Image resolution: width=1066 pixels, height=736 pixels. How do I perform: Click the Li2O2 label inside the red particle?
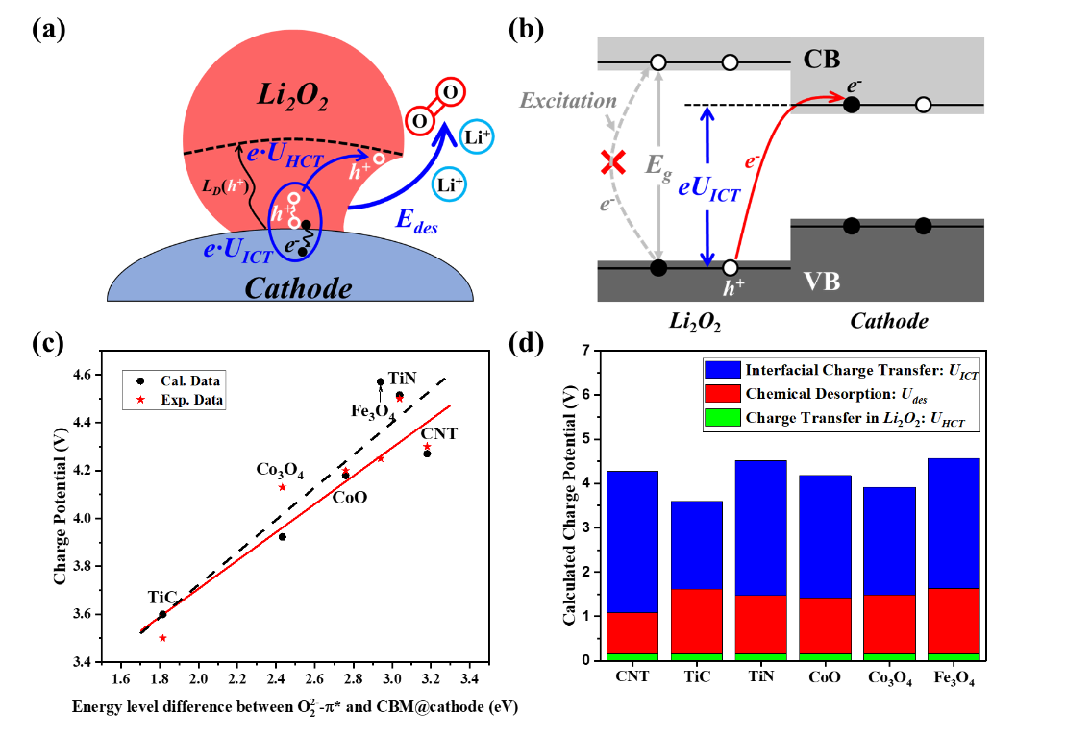pyautogui.click(x=293, y=95)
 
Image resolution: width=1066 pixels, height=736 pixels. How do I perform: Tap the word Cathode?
pyautogui.click(x=298, y=287)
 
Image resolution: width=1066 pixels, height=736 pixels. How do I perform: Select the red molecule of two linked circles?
pyautogui.click(x=437, y=106)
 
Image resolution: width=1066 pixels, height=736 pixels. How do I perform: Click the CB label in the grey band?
pyautogui.click(x=825, y=61)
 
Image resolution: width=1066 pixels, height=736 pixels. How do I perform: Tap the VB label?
pyautogui.click(x=822, y=282)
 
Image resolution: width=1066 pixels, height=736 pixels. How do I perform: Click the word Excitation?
pyautogui.click(x=568, y=100)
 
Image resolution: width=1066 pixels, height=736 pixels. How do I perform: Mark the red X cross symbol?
pyautogui.click(x=608, y=162)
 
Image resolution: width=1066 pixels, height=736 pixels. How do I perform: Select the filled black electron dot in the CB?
pyautogui.click(x=851, y=104)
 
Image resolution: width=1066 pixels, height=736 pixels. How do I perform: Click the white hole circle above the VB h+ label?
pyautogui.click(x=731, y=267)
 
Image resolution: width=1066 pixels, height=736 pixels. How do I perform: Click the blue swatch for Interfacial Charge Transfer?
pyautogui.click(x=722, y=370)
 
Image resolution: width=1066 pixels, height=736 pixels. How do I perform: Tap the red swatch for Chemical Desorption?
pyautogui.click(x=722, y=393)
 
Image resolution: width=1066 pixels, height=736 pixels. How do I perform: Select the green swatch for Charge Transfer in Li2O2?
pyautogui.click(x=722, y=417)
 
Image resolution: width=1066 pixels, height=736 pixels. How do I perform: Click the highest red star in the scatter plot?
pyautogui.click(x=400, y=399)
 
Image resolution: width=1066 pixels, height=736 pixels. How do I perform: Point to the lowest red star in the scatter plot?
pyautogui.click(x=162, y=638)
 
